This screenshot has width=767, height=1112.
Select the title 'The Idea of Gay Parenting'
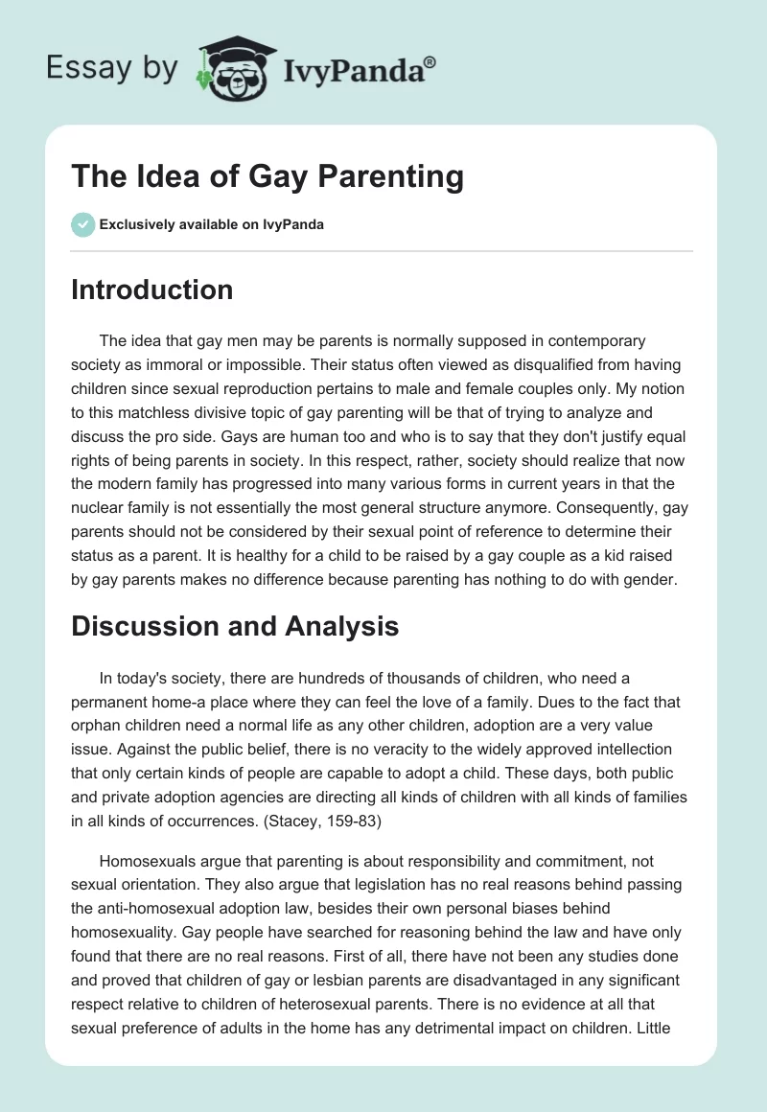267,176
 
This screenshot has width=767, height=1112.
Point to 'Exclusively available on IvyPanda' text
211,225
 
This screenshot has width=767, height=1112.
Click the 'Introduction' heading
151,290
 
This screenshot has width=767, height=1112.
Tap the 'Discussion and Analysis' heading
235,627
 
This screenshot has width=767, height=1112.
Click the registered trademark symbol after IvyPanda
430,60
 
